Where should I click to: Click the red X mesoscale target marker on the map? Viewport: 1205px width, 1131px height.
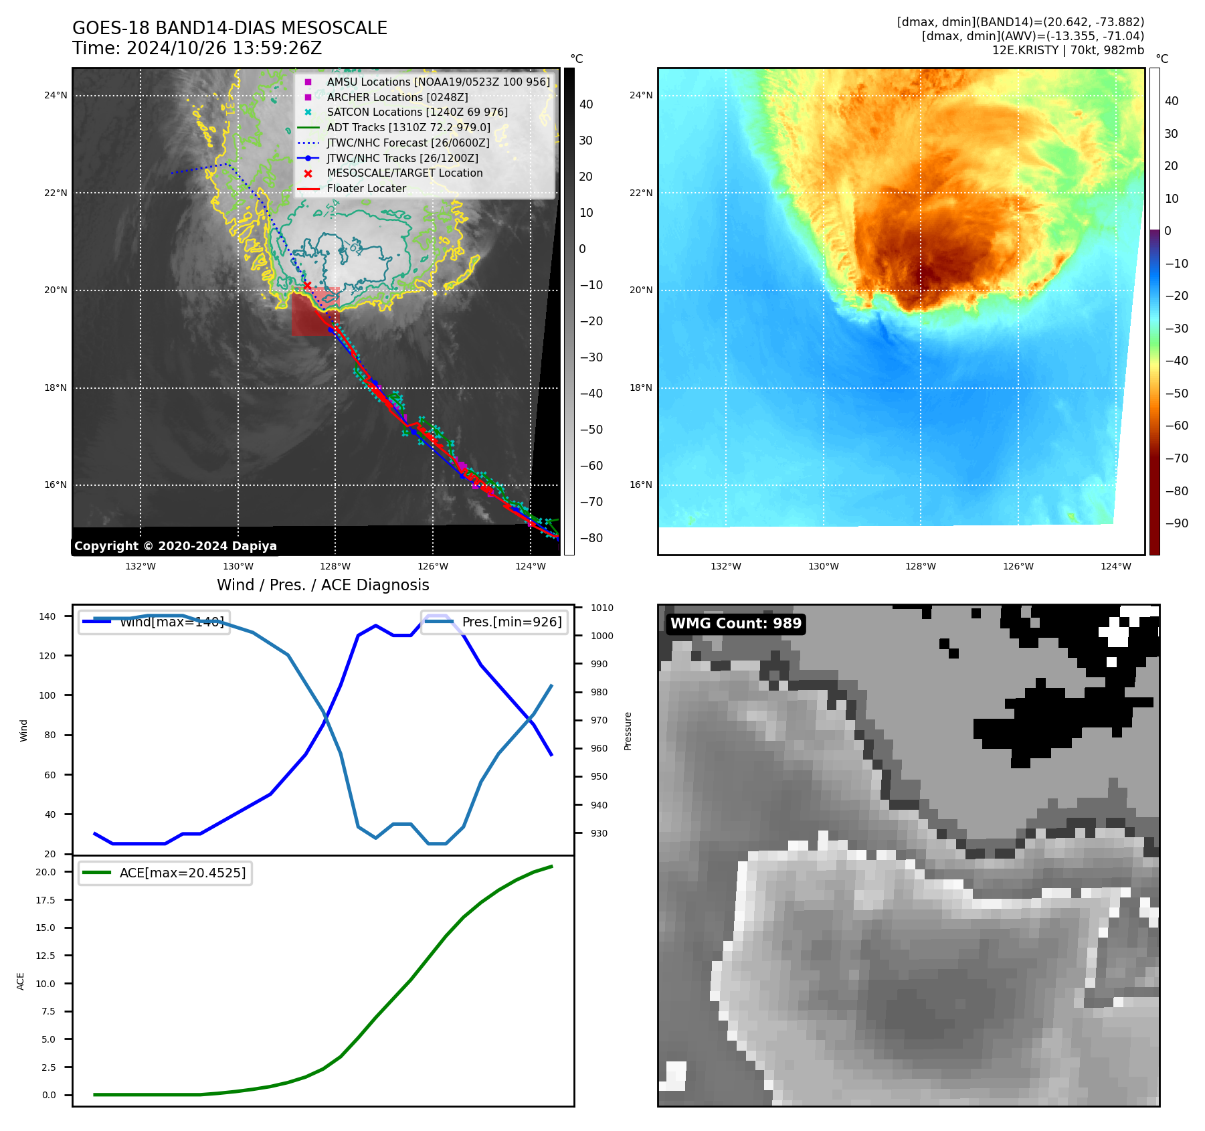pyautogui.click(x=307, y=286)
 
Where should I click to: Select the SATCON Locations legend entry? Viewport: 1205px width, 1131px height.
pyautogui.click(x=417, y=112)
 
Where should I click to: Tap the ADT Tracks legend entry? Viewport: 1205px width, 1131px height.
pyautogui.click(x=408, y=127)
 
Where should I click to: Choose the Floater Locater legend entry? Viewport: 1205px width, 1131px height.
pyautogui.click(x=366, y=189)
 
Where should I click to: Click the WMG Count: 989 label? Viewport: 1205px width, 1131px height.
pyautogui.click(x=735, y=624)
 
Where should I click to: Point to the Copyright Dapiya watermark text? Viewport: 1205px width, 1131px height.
pyautogui.click(x=175, y=546)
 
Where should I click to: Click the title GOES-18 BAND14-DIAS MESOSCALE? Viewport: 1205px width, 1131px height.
pyautogui.click(x=229, y=28)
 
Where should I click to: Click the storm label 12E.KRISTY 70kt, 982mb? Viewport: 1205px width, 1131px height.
pyautogui.click(x=1068, y=50)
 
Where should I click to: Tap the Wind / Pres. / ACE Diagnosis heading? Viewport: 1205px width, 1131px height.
pyautogui.click(x=322, y=585)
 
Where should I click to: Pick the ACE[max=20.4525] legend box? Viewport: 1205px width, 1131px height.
pyautogui.click(x=165, y=873)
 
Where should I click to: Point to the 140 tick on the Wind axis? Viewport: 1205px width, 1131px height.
pyautogui.click(x=48, y=616)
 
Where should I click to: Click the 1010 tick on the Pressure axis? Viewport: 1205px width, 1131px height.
pyautogui.click(x=601, y=608)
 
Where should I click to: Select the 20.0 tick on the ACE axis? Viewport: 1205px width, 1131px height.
pyautogui.click(x=45, y=872)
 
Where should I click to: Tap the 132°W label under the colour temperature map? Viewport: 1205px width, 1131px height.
pyautogui.click(x=725, y=566)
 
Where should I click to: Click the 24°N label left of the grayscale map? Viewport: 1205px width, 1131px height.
pyautogui.click(x=56, y=95)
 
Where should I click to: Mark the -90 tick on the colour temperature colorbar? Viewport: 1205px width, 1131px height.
pyautogui.click(x=1176, y=523)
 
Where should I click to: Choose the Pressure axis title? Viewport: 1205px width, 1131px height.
pyautogui.click(x=628, y=731)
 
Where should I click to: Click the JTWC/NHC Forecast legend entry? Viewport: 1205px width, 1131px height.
pyautogui.click(x=407, y=143)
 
